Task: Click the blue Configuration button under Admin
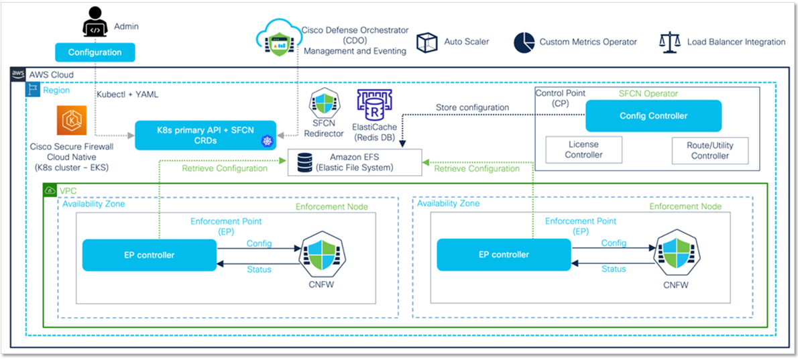click(x=95, y=52)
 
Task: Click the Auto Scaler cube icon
click(x=426, y=42)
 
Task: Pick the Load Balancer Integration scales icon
click(x=669, y=42)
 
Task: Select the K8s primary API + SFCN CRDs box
click(x=206, y=135)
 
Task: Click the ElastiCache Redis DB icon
click(x=371, y=107)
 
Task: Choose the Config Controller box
click(x=653, y=116)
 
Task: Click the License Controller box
click(x=583, y=149)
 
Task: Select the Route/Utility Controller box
click(x=709, y=150)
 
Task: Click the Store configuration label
click(x=472, y=107)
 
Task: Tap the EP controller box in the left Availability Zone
click(x=149, y=255)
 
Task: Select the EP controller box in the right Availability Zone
click(x=504, y=255)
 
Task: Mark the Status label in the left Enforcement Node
click(x=259, y=269)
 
